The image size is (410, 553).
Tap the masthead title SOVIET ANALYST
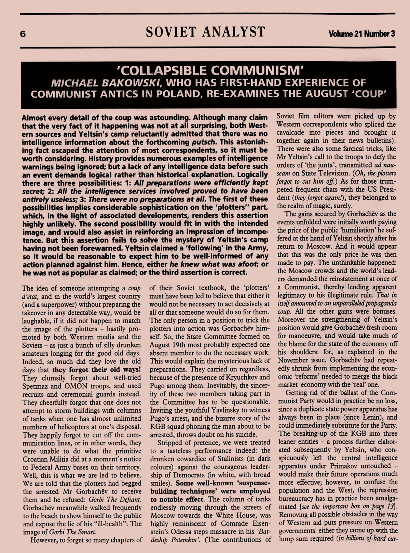pyautogui.click(x=205, y=32)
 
